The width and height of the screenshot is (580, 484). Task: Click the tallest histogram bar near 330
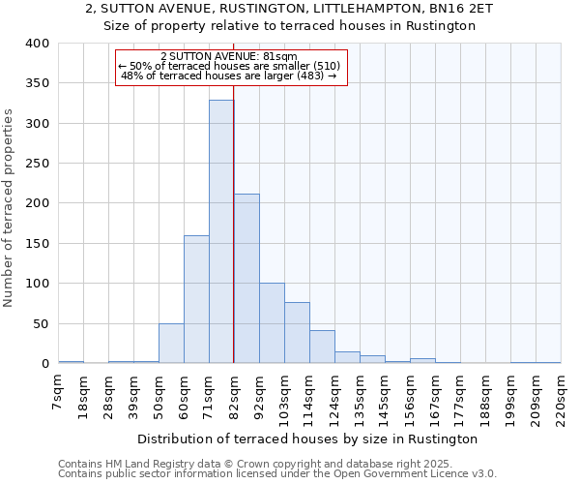221,232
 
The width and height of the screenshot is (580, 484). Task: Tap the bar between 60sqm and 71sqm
196,299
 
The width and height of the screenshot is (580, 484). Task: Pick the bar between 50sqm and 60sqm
171,344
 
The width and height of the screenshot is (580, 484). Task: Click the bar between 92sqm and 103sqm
272,323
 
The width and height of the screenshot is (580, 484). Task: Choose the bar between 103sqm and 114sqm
297,333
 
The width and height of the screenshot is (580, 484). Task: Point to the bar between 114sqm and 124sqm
322,347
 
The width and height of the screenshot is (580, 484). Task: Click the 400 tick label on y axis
37,44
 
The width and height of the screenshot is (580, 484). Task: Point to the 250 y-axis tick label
37,164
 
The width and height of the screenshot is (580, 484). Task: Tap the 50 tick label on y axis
41,323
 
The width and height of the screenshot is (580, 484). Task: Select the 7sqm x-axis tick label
59,391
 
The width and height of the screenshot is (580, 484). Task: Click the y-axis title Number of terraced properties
9,207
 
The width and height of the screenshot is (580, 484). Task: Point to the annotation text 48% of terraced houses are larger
229,76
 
